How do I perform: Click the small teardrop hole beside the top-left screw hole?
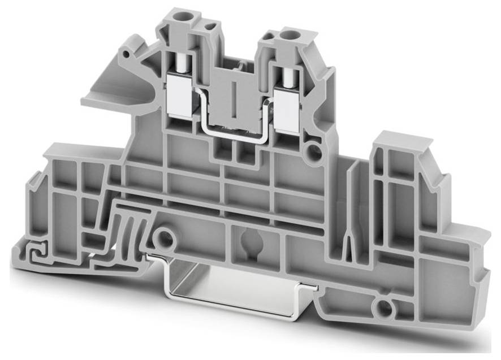(211, 25)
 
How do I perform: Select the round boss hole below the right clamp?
(310, 151)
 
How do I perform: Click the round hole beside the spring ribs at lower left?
(165, 238)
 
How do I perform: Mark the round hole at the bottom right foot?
(384, 308)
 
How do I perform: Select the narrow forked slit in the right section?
(350, 237)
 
